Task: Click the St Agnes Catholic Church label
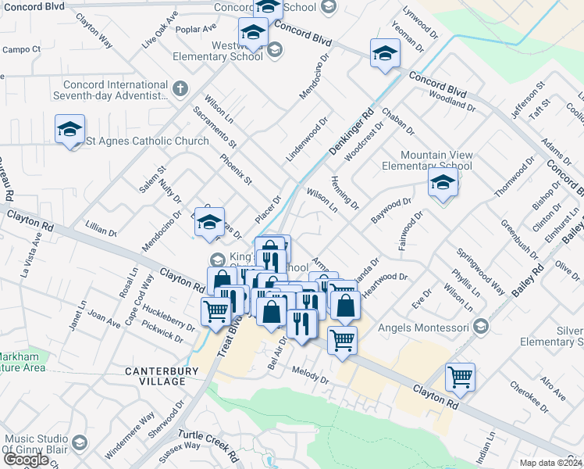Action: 148,141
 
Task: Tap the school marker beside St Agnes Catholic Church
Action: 69,128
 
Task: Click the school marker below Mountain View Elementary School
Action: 443,184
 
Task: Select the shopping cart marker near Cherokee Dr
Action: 460,377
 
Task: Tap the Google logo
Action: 26,460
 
